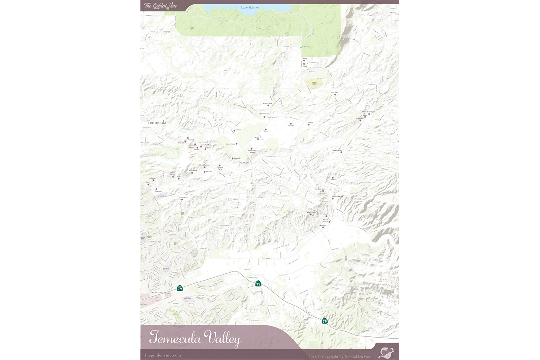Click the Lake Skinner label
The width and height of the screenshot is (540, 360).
tap(250, 7)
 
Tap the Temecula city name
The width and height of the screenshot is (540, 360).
tap(157, 122)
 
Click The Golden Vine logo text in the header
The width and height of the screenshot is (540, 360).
tap(160, 6)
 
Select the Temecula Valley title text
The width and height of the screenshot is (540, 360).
tap(194, 338)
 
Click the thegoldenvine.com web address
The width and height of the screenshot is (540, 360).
tap(163, 355)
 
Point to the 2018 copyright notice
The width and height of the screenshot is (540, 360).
tap(339, 357)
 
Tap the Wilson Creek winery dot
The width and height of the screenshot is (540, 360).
tap(268, 105)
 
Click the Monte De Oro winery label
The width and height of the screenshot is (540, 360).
tap(264, 114)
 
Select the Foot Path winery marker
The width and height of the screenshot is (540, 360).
tap(335, 95)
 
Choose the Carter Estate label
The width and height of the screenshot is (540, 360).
tap(230, 144)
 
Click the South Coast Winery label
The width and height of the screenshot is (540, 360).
tap(252, 151)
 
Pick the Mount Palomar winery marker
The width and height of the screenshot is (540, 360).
tap(204, 167)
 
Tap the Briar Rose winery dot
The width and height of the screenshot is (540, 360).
tap(182, 199)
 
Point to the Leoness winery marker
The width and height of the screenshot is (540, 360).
tap(333, 178)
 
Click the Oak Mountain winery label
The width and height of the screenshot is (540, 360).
tap(320, 189)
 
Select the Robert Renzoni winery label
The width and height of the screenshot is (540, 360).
tap(325, 221)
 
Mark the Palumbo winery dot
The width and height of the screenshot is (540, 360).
tap(290, 124)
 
